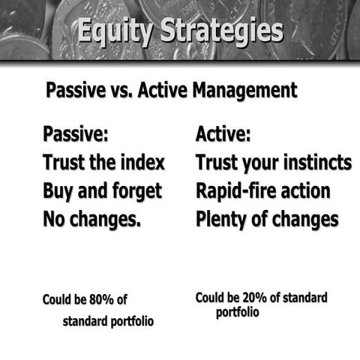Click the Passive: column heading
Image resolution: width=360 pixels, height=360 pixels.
(76, 135)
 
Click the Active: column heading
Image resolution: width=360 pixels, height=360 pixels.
(223, 135)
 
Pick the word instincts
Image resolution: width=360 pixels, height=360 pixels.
(313, 163)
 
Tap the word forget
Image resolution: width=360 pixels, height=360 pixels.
(135, 191)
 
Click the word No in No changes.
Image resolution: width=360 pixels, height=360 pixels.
(55, 220)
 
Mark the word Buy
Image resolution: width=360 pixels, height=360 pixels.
(58, 191)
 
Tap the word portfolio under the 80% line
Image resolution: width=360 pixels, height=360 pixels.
(129, 322)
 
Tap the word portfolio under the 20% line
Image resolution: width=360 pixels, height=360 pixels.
(238, 311)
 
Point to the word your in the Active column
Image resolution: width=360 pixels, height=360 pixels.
(265, 163)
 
